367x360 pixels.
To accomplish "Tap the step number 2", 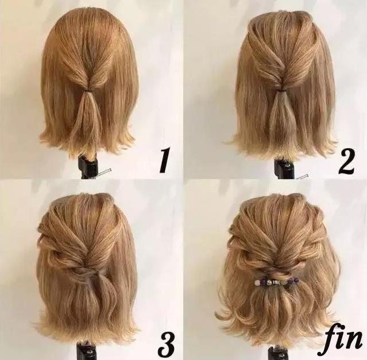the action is pos(347,161).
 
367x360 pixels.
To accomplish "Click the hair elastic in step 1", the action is pos(90,89).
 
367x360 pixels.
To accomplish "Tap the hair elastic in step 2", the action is pos(281,89).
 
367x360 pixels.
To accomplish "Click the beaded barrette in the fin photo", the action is pos(277,281).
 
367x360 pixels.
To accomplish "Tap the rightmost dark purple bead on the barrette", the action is pos(297,280).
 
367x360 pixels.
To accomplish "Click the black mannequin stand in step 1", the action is pos(87,167).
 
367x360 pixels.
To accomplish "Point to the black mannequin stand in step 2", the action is pos(283,168).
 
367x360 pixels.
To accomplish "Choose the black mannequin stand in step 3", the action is pos(87,351).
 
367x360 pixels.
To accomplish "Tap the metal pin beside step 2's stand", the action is pos(302,176).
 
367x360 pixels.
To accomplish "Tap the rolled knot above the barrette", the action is pos(277,272).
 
